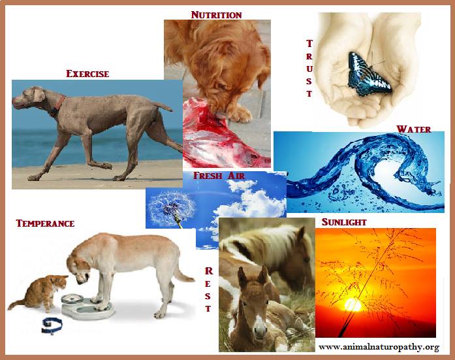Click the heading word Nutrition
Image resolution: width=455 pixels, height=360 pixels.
pyautogui.click(x=217, y=15)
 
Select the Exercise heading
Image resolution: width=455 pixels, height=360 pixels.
pyautogui.click(x=87, y=74)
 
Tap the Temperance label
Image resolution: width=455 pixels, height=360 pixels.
pyautogui.click(x=45, y=223)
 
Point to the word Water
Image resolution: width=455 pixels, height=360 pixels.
pyautogui.click(x=414, y=129)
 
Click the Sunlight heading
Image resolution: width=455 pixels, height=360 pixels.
pyautogui.click(x=344, y=222)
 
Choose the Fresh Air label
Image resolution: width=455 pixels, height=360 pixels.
pyautogui.click(x=219, y=176)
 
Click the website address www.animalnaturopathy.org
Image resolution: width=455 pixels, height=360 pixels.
pyautogui.click(x=379, y=347)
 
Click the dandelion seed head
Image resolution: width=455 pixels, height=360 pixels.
pyautogui.click(x=171, y=206)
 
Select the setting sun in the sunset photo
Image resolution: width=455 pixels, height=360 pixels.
pyautogui.click(x=353, y=305)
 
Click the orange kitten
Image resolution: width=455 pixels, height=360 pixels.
pyautogui.click(x=40, y=292)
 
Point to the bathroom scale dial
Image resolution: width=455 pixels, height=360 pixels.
pyautogui.click(x=72, y=299)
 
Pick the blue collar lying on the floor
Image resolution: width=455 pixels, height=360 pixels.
pyautogui.click(x=52, y=325)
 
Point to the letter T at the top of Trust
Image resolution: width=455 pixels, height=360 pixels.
pyautogui.click(x=309, y=44)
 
